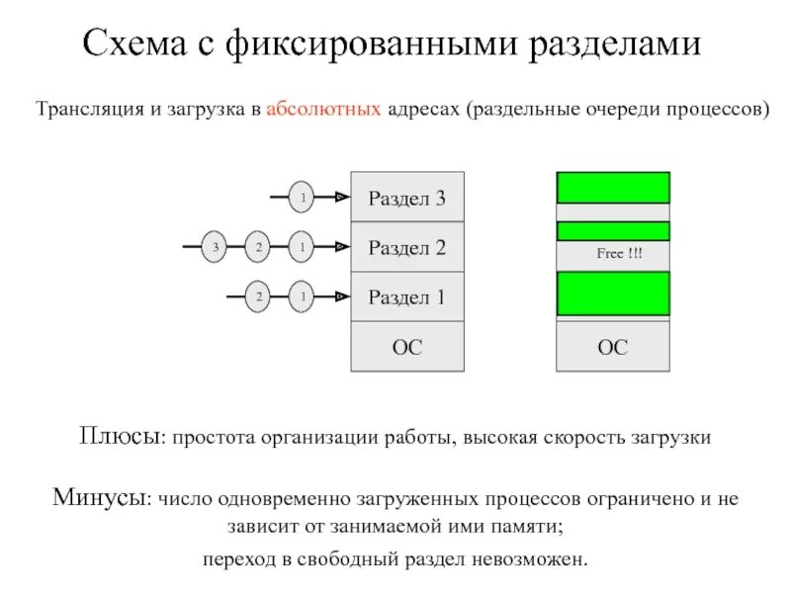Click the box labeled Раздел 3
(407, 199)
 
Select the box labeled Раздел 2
(407, 247)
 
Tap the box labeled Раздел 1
(407, 296)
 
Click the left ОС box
(407, 347)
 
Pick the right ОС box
(613, 347)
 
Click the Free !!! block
(613, 255)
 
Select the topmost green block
(613, 187)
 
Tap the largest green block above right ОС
(613, 294)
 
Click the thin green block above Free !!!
(613, 231)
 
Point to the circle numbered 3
(215, 247)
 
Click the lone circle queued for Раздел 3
(302, 199)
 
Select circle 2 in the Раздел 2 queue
(258, 247)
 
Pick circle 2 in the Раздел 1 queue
(258, 296)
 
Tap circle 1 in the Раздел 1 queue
(302, 296)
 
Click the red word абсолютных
(323, 110)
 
